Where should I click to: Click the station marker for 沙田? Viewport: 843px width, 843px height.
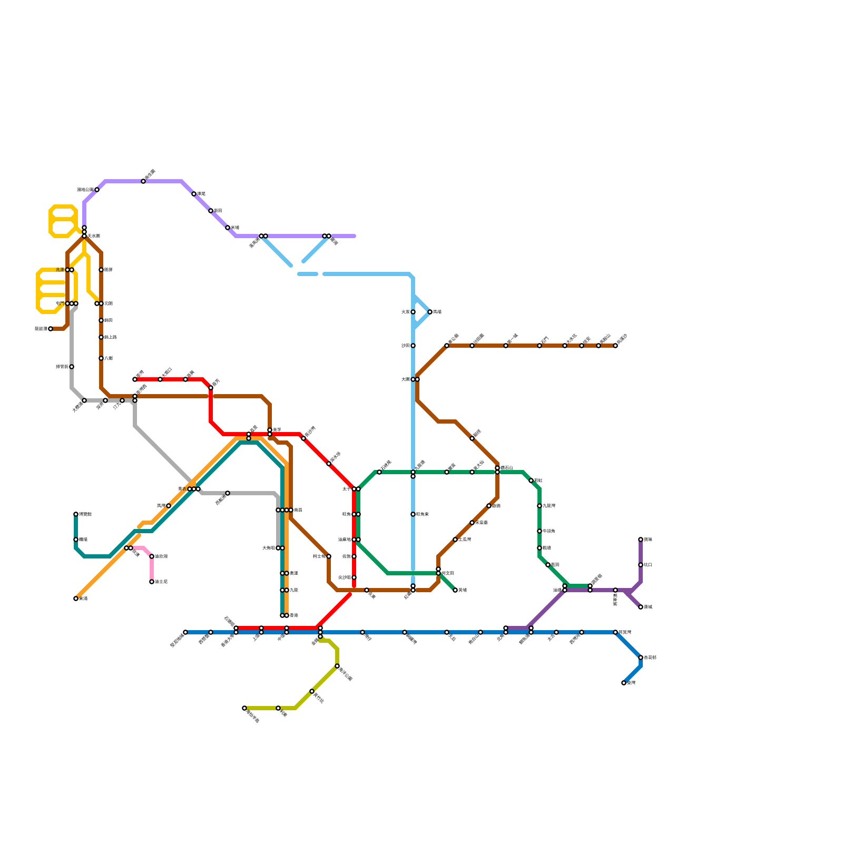[413, 346]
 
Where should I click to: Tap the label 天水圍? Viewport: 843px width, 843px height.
[94, 236]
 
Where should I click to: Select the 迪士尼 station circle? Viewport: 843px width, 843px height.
[152, 582]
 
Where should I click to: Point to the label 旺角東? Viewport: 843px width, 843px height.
[423, 514]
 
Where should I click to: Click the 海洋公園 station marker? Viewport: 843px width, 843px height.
[337, 666]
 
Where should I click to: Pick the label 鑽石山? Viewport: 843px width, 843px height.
[506, 468]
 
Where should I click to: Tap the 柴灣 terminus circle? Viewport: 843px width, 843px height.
[624, 683]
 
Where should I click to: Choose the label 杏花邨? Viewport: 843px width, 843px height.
[650, 658]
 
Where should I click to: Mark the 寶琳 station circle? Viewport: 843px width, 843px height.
[641, 540]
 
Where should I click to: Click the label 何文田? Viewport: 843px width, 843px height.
[448, 573]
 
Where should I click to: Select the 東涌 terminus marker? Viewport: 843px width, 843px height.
[76, 599]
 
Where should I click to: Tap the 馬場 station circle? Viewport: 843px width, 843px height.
[430, 312]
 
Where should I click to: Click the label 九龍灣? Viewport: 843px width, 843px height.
[548, 506]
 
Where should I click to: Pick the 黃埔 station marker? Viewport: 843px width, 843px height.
[455, 590]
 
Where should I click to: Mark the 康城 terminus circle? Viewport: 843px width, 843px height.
[641, 607]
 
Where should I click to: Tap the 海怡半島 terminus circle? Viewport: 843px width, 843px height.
[244, 708]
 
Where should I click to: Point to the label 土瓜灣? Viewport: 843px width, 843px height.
[465, 540]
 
